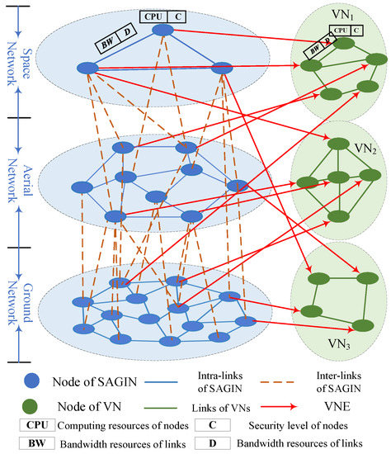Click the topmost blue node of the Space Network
coord(163,30)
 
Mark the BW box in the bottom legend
coord(31,444)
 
